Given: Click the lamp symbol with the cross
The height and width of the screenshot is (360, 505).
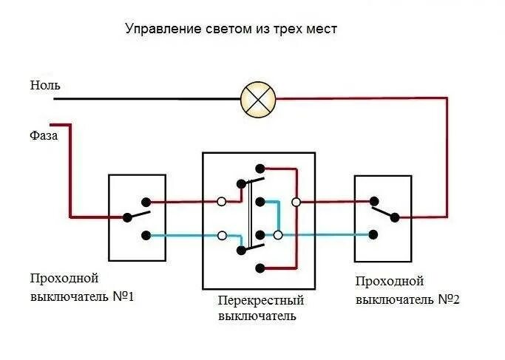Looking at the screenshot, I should click(259, 99).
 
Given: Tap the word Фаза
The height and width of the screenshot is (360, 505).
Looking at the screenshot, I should click(44, 136).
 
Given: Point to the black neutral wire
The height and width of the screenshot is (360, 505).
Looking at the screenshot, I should click(148, 98).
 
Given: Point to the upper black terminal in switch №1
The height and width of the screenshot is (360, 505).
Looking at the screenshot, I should click(146, 201).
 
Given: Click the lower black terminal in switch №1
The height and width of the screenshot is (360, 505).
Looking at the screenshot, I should click(146, 236).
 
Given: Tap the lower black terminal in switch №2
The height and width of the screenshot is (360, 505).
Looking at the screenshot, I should click(373, 235).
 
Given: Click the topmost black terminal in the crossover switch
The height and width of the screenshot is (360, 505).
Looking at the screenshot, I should click(258, 169).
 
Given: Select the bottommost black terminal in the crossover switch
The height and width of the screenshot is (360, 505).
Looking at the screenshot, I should click(258, 267).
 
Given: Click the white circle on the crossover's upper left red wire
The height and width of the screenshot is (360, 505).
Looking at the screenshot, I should click(221, 201).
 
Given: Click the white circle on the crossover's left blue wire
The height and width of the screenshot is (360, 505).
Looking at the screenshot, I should click(221, 236).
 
